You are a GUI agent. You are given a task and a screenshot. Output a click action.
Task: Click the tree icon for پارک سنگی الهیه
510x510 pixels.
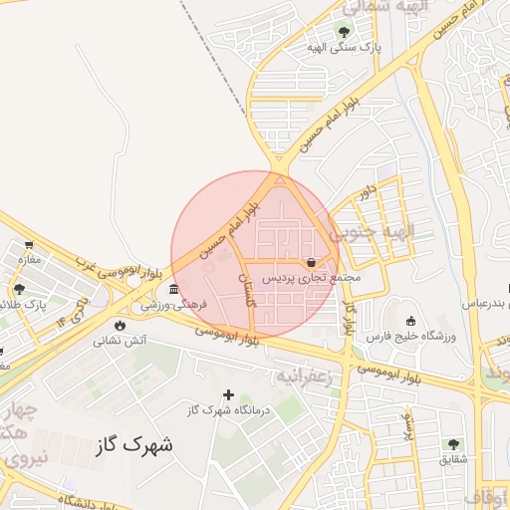coord(344,32)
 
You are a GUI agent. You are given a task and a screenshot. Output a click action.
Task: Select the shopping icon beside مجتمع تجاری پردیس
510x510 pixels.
coord(313,263)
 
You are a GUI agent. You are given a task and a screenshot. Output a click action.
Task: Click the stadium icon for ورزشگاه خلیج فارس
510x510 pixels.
coord(411,321)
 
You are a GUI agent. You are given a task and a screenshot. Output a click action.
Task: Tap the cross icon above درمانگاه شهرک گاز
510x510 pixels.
coord(228,395)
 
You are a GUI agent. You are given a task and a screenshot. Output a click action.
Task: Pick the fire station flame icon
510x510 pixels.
coord(120,325)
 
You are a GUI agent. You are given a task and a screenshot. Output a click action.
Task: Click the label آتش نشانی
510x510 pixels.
coord(121,340)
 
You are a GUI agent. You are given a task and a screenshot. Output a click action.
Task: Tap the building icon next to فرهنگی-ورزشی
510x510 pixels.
coord(173,289)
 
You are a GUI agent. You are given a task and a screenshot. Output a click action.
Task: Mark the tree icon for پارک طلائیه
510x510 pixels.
coord(19,289)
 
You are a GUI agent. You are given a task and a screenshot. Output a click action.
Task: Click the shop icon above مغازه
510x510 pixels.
coord(29,244)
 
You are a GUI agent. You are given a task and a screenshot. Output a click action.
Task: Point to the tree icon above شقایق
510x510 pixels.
coord(454,443)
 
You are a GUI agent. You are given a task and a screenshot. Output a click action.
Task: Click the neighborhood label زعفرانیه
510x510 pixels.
coord(303,376)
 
